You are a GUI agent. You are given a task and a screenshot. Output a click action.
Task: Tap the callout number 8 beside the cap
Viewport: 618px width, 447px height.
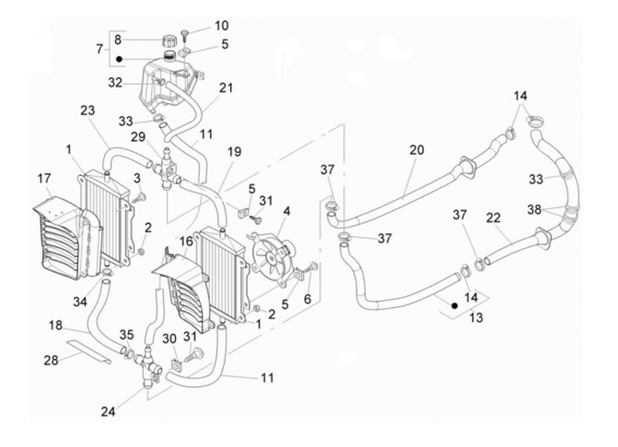pyautogui.click(x=118, y=40)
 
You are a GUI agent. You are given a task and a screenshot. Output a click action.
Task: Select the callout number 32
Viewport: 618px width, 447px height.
pyautogui.click(x=116, y=82)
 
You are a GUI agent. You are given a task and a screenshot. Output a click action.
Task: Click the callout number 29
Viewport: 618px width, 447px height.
pyautogui.click(x=138, y=138)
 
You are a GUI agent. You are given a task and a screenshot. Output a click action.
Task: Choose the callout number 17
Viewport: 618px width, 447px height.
pyautogui.click(x=44, y=178)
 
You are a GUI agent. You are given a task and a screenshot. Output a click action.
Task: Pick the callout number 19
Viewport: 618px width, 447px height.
pyautogui.click(x=233, y=152)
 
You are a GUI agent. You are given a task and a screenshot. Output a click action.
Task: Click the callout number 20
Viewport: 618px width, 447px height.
pyautogui.click(x=416, y=149)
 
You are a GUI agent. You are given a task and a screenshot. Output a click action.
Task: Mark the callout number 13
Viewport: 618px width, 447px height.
pyautogui.click(x=476, y=317)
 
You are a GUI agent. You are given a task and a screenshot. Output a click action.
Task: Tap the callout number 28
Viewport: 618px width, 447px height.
pyautogui.click(x=51, y=359)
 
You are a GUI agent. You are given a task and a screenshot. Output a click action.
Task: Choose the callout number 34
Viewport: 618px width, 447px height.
pyautogui.click(x=79, y=302)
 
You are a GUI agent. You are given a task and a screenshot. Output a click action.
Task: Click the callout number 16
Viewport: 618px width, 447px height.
pyautogui.click(x=186, y=242)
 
